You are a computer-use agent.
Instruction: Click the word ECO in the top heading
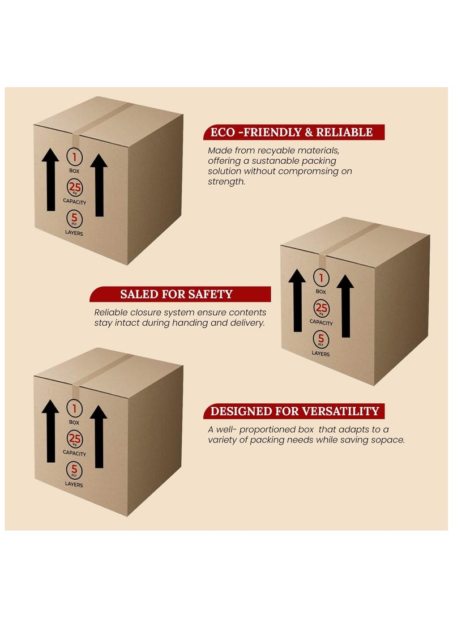222,133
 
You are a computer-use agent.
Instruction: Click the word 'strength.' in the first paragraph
226,182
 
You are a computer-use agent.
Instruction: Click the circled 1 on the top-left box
74,157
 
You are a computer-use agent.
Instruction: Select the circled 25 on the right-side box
321,308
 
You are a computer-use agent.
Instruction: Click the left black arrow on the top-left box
50,180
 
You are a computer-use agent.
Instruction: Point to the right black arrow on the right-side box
345,306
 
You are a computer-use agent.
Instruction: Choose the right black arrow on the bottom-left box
99,437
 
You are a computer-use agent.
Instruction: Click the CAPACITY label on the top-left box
74,202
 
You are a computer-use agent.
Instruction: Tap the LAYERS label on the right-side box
320,353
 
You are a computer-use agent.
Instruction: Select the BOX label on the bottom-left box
74,422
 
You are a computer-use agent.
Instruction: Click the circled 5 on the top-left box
74,218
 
